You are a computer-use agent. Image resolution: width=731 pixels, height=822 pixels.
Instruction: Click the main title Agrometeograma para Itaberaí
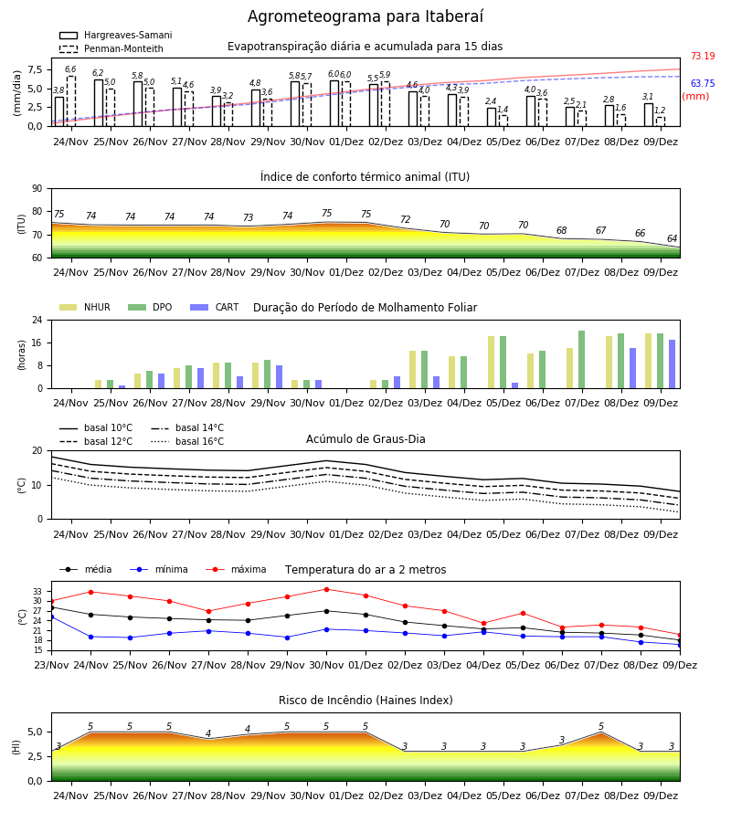[365, 16]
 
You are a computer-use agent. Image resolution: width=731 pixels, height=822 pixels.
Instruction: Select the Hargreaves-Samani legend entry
[116, 35]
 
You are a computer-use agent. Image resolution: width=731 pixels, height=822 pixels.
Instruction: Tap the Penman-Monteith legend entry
[111, 48]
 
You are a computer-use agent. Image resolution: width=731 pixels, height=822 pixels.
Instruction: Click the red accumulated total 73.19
[703, 56]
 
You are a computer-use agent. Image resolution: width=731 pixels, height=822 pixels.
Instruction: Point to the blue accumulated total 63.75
[703, 83]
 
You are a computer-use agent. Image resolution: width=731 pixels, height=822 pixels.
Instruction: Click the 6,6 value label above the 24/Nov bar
[70, 69]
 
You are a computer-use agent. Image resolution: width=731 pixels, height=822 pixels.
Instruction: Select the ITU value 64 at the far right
[672, 238]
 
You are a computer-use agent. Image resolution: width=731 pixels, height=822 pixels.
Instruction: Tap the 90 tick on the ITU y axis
[37, 189]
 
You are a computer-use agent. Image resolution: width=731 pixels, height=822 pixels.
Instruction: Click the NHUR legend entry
[85, 307]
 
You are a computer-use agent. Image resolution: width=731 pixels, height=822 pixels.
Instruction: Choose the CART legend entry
[215, 307]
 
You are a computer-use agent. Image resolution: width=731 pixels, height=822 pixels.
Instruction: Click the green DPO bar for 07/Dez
[581, 360]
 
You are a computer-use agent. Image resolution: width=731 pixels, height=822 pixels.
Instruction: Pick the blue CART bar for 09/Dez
[672, 364]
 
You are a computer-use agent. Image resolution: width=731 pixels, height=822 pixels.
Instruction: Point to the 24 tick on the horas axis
[37, 320]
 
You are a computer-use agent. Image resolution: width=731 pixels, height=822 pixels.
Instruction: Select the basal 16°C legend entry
[187, 441]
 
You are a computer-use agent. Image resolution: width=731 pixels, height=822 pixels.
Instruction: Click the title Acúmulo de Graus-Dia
[365, 439]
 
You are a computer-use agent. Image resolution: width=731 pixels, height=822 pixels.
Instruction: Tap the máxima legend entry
[236, 569]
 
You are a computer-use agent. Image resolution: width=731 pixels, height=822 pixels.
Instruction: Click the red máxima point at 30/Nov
[327, 589]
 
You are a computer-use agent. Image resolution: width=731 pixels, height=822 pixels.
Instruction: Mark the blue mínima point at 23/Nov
[51, 617]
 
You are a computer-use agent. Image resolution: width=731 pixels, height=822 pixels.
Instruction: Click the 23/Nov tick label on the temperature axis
[51, 665]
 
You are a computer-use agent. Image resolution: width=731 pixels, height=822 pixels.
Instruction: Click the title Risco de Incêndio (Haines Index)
[365, 701]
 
